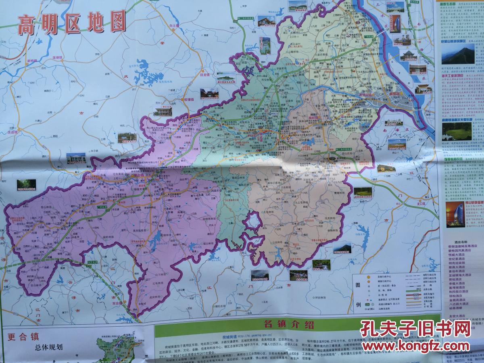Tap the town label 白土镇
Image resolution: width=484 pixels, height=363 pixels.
pos(174,25)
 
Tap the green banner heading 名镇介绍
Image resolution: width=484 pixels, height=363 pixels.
pos(288,324)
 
